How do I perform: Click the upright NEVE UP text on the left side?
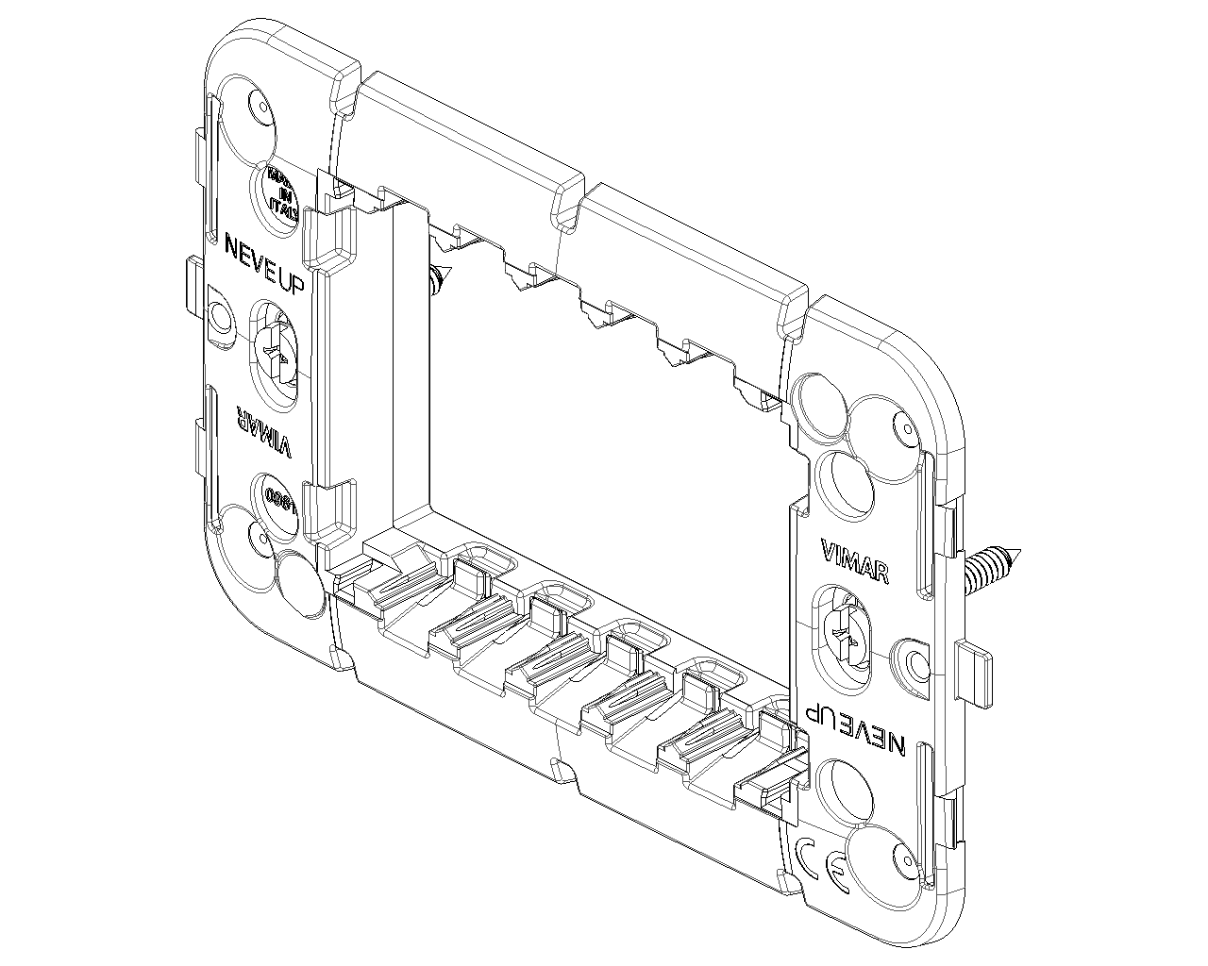pyautogui.click(x=263, y=264)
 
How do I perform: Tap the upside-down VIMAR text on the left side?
pyautogui.click(x=263, y=432)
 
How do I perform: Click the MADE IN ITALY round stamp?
pyautogui.click(x=281, y=195)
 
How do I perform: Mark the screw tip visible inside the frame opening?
pyautogui.click(x=439, y=279)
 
